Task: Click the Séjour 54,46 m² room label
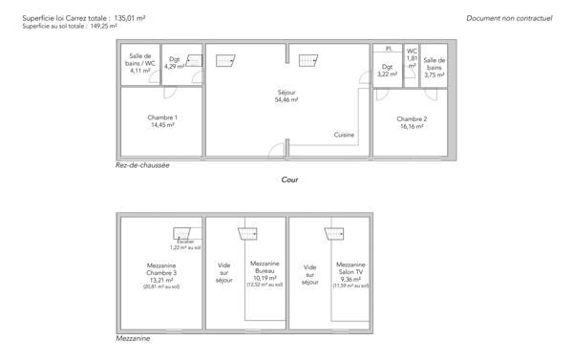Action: click(x=286, y=95)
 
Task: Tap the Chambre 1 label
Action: click(x=162, y=121)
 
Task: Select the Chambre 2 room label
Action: click(x=412, y=121)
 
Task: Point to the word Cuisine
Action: click(x=344, y=135)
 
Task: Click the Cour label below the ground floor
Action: click(x=290, y=179)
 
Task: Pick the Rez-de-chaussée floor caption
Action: click(x=142, y=164)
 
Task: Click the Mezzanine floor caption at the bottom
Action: click(x=133, y=337)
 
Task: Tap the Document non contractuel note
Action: click(x=510, y=18)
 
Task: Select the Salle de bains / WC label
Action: click(x=139, y=62)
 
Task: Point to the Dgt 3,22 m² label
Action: click(x=387, y=70)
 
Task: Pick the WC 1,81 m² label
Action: click(x=412, y=58)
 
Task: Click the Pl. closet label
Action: click(x=389, y=48)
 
